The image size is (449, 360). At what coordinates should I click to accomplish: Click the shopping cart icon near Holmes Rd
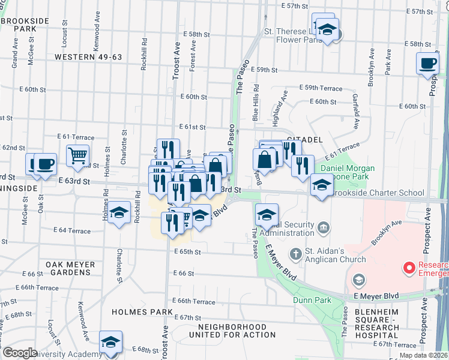point(77,156)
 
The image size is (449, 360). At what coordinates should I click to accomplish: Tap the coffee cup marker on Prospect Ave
point(428,64)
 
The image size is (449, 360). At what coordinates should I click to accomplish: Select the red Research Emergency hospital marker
point(409,267)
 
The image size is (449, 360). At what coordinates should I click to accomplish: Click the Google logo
point(20,353)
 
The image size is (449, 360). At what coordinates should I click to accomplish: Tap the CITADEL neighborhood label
point(301,139)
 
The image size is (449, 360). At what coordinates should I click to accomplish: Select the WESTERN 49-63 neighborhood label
point(88,57)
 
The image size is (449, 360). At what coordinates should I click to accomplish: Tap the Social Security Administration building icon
point(324,227)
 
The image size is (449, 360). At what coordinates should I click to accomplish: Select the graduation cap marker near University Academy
point(110,342)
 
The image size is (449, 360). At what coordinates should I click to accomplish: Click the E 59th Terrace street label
point(320,88)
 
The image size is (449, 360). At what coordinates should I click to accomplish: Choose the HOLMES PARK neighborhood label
point(142,313)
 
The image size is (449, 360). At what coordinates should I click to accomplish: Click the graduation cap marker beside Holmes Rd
point(119,213)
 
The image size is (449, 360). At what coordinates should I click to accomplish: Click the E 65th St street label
point(187,252)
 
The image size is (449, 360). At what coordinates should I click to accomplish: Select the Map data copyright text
point(424,355)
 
